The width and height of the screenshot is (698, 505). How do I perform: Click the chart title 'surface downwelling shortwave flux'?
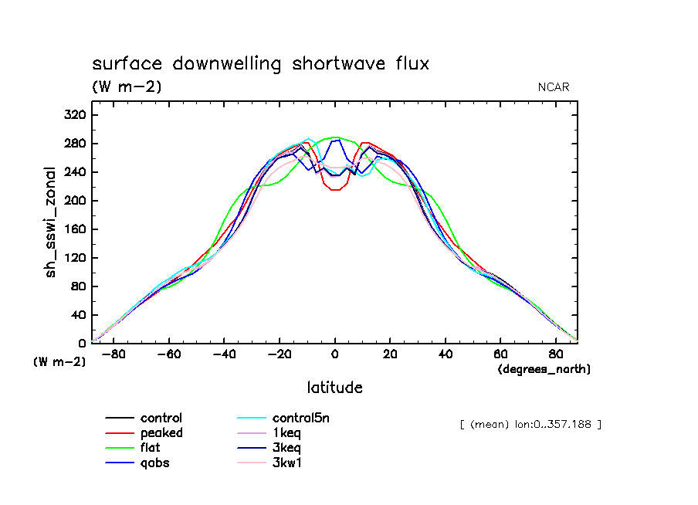(260, 64)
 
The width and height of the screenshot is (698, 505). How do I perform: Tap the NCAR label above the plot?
(554, 87)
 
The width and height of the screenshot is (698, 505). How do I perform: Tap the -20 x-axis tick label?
(279, 355)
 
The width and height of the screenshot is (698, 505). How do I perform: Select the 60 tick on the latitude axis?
(500, 355)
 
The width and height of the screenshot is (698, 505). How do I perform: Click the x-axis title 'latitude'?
(334, 388)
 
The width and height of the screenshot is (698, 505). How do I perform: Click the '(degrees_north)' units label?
(544, 369)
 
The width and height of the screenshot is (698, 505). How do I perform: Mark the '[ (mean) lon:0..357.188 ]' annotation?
(530, 424)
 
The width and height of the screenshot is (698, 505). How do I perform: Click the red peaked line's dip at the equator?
(334, 189)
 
